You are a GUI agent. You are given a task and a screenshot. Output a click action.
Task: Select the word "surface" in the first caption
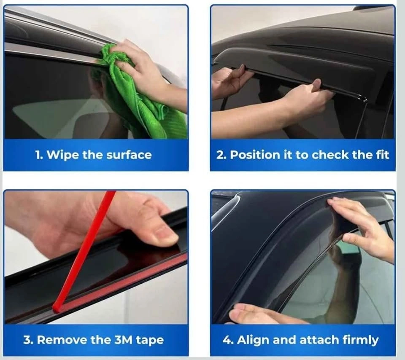[129, 155]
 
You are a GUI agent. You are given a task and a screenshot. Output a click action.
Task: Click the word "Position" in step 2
[255, 155]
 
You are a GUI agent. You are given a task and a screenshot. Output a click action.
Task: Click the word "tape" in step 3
[150, 340]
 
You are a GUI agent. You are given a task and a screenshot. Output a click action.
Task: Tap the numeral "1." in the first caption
[39, 155]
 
